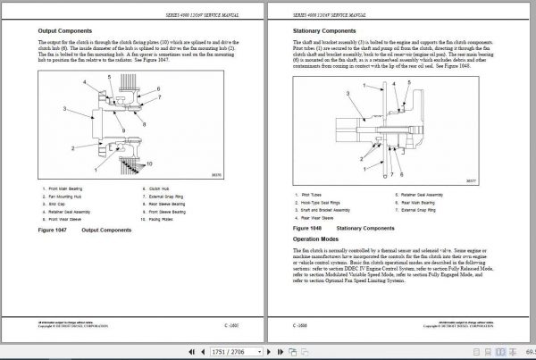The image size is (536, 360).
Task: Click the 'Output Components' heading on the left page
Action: pos(63,29)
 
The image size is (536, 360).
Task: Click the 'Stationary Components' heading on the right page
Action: pos(321,29)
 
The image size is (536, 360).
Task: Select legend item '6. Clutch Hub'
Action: pos(155,188)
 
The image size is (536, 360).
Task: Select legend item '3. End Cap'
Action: pos(57,203)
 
